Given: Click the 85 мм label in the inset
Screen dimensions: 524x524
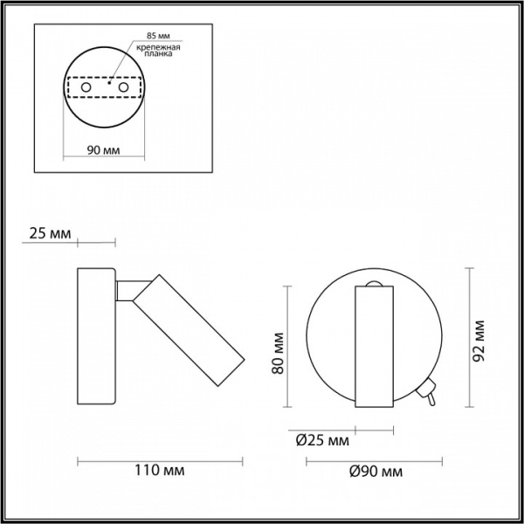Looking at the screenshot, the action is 158,36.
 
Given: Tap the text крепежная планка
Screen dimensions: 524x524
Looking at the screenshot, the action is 158,50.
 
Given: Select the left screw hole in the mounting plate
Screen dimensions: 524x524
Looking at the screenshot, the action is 86,87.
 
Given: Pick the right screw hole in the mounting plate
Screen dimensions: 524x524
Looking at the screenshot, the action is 123,87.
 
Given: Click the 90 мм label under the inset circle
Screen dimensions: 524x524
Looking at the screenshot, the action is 103,150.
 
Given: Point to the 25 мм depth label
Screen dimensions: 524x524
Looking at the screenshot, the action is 50,233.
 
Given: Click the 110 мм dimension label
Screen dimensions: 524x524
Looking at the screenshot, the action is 160,471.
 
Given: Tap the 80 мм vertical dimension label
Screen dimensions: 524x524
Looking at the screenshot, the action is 278,353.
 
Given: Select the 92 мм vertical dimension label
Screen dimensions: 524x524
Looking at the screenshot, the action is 479,341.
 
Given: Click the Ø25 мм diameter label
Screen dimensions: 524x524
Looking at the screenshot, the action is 322,441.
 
